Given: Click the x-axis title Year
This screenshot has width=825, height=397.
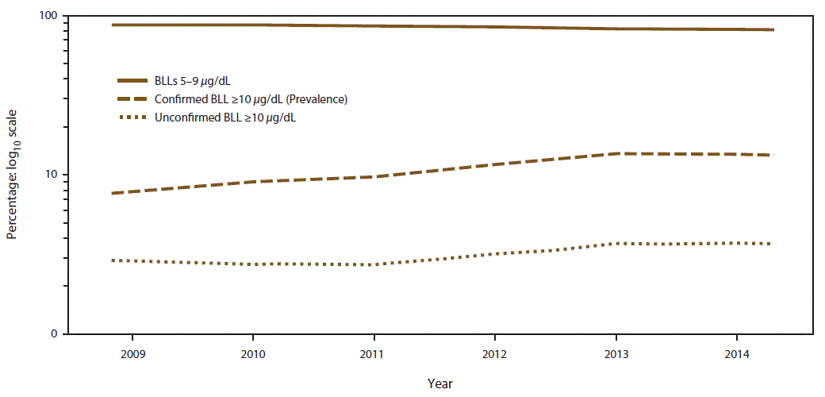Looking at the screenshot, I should [x=440, y=384].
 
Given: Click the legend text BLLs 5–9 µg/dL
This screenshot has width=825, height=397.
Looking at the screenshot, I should [x=196, y=81].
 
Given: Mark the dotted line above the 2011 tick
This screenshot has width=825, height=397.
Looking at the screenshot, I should [x=374, y=264].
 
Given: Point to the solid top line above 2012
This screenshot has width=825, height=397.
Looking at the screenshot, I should [x=494, y=27].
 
